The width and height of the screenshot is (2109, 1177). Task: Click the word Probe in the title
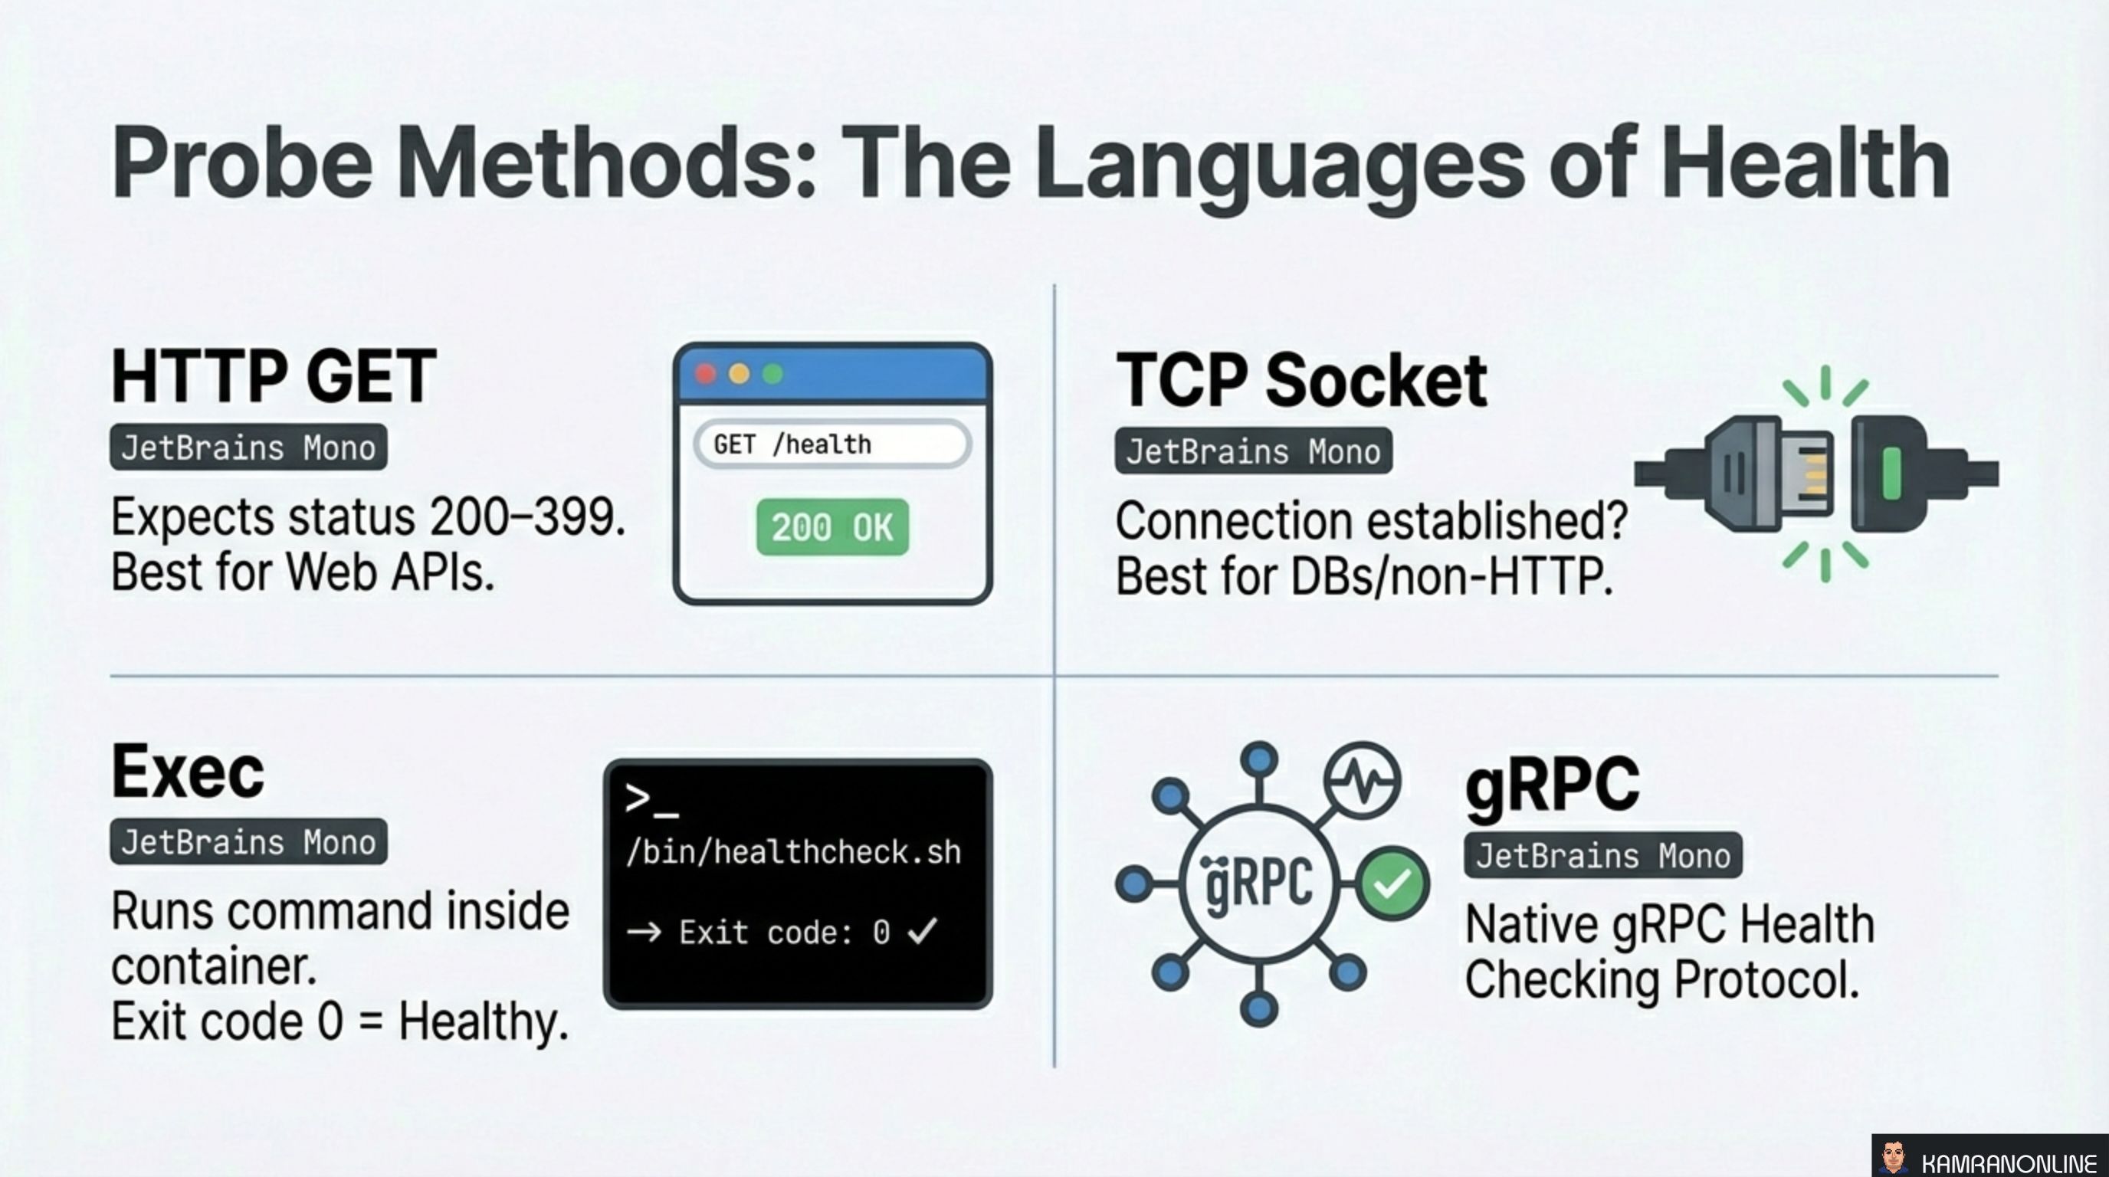click(x=243, y=164)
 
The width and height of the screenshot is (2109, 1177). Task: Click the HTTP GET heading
click(x=274, y=376)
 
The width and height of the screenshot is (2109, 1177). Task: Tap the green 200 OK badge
click(x=831, y=527)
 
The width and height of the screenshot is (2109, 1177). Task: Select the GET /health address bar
click(x=831, y=444)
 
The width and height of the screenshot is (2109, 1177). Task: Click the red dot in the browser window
click(x=706, y=375)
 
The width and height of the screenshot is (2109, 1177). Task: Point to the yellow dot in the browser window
click(x=739, y=375)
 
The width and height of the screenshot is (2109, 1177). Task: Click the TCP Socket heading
click(x=1301, y=381)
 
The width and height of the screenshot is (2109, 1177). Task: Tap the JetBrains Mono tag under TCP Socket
click(x=1253, y=451)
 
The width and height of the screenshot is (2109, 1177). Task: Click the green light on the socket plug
click(x=1891, y=473)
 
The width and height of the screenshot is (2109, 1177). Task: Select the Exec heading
click(x=189, y=772)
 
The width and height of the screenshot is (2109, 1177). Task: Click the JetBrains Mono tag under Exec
click(x=248, y=841)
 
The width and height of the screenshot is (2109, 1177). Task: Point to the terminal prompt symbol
click(x=651, y=799)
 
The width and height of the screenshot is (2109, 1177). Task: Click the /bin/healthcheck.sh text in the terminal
click(x=792, y=853)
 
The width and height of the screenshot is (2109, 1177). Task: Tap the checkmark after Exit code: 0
click(x=923, y=930)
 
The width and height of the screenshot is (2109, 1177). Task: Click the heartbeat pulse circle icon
click(x=1362, y=781)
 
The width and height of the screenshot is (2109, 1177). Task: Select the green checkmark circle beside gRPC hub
click(x=1392, y=884)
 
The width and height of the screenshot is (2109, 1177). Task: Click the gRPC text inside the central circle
click(x=1259, y=884)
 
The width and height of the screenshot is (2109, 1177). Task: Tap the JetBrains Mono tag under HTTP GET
click(x=248, y=448)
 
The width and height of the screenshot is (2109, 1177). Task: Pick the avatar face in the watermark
click(x=1893, y=1158)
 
